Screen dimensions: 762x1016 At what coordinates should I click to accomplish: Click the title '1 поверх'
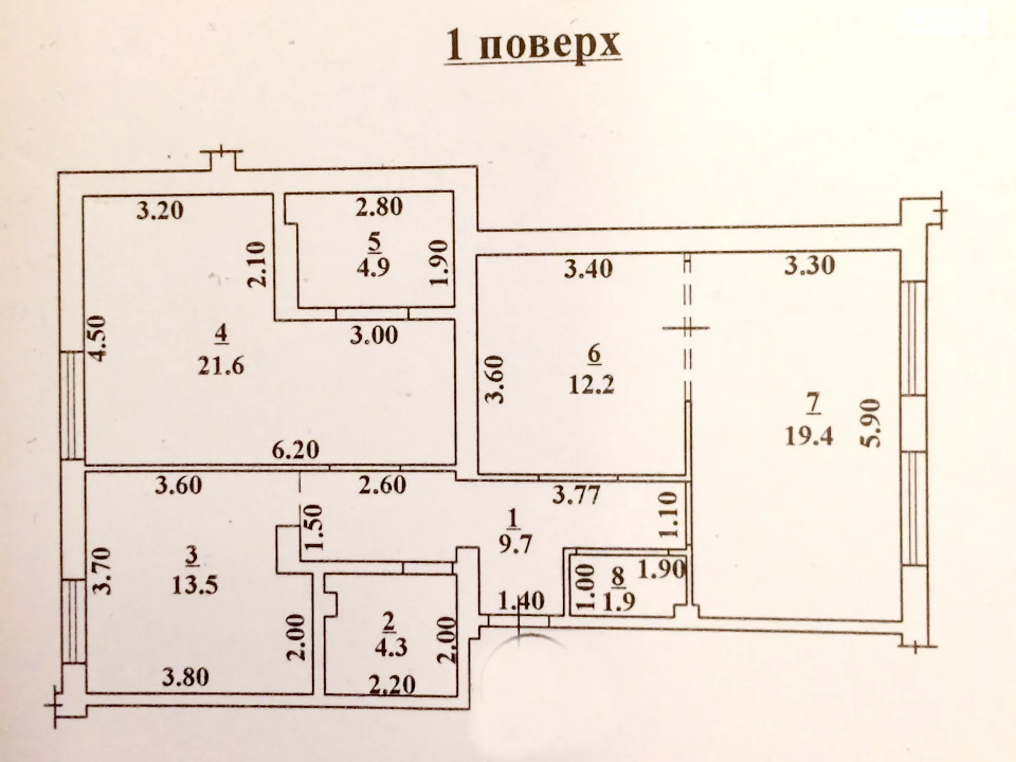tap(533, 45)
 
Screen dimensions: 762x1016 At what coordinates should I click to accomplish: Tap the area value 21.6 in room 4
tap(220, 366)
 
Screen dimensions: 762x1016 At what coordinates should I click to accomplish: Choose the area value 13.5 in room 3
tap(195, 584)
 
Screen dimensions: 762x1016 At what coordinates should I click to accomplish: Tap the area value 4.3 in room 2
tap(390, 648)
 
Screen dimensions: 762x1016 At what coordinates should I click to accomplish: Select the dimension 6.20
tap(295, 450)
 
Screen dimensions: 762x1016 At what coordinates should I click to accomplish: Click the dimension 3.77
tap(575, 494)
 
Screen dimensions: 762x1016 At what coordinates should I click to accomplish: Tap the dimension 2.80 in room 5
tap(378, 207)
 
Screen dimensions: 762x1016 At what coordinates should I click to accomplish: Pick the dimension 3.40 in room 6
tap(589, 268)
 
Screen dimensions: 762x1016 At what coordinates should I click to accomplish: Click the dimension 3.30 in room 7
tap(809, 265)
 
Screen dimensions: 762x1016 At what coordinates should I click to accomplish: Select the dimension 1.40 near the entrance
tap(521, 600)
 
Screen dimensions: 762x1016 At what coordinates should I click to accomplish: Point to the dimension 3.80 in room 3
tap(185, 678)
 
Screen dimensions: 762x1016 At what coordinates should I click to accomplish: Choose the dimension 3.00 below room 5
tap(374, 335)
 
